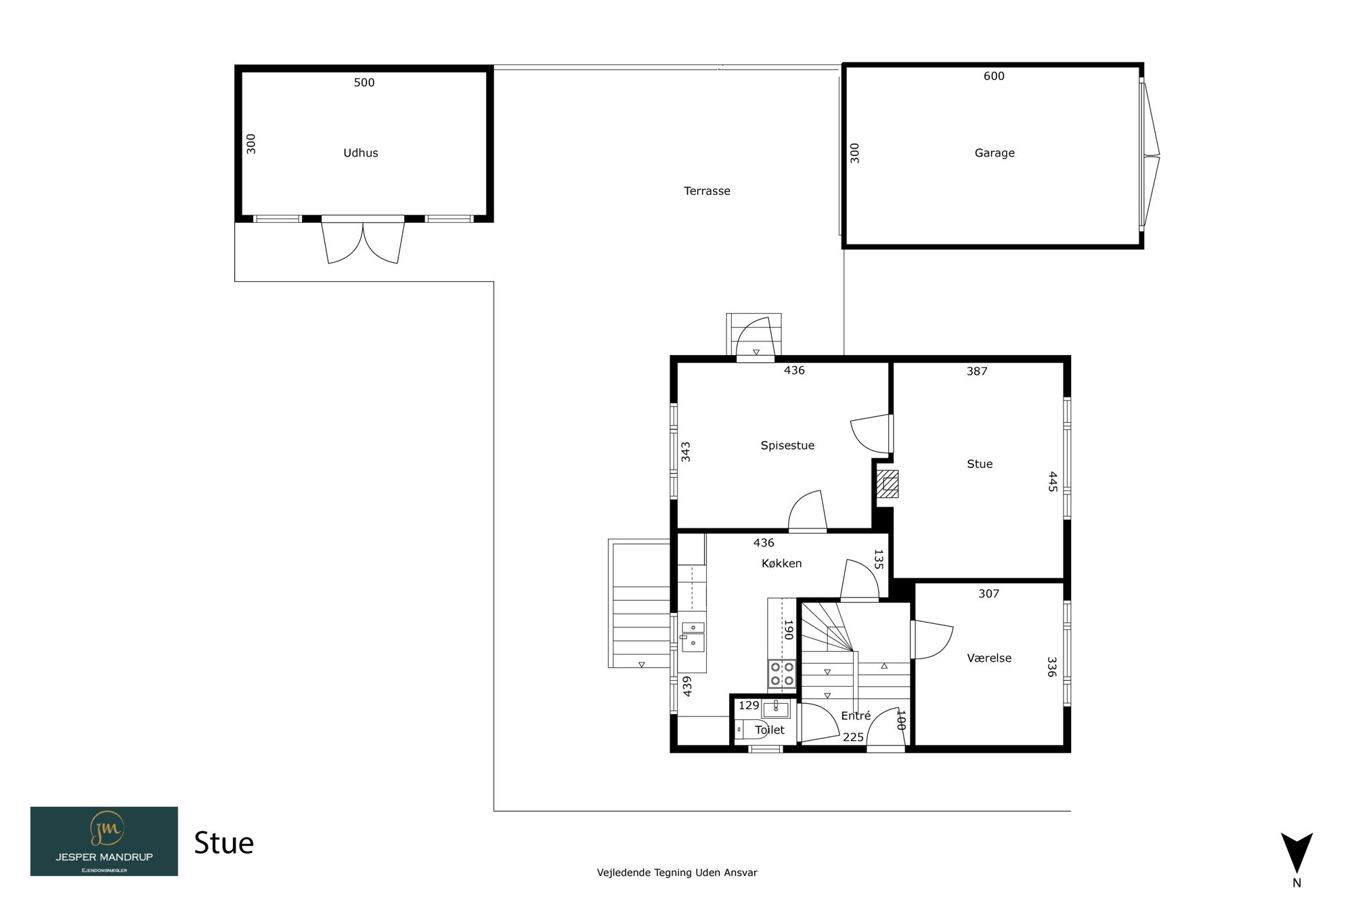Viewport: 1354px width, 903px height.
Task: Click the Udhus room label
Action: point(360,153)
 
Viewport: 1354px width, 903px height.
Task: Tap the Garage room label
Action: point(995,153)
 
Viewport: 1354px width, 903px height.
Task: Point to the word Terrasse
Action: point(707,191)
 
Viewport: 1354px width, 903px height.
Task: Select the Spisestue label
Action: point(787,446)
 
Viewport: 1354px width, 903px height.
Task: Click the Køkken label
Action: point(781,564)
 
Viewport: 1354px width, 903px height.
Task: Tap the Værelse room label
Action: point(989,658)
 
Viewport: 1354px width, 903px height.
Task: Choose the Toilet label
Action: point(770,730)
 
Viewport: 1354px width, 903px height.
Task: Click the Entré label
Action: point(856,716)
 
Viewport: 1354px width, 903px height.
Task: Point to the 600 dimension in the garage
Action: point(994,77)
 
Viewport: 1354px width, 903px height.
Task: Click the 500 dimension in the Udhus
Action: point(364,83)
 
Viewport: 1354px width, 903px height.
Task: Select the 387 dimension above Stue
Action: point(977,371)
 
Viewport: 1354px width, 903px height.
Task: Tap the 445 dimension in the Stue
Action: point(1053,482)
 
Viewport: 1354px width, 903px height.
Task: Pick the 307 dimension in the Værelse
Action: point(988,594)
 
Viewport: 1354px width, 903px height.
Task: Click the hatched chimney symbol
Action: point(888,484)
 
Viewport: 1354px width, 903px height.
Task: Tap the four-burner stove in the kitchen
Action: point(782,674)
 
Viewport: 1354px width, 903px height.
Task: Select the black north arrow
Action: point(1296,852)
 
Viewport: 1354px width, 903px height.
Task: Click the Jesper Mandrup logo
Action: point(104,841)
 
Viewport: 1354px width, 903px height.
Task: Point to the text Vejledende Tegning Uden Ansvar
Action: point(677,873)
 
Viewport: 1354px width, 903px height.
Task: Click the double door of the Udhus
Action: point(363,240)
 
